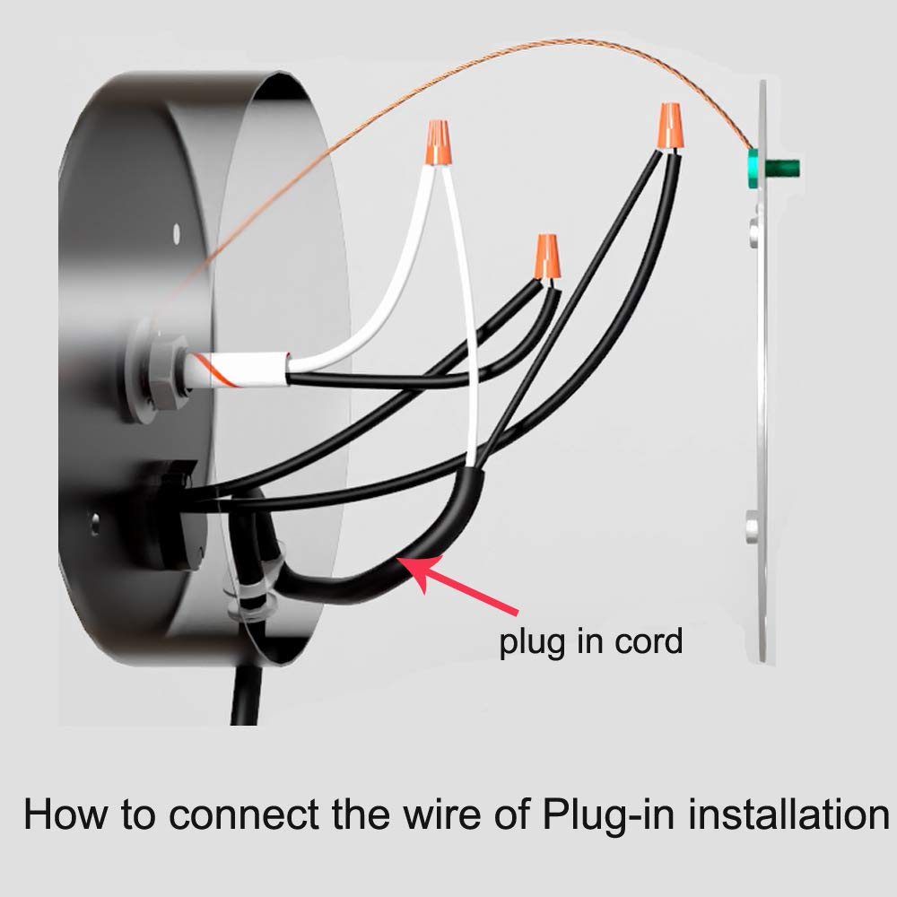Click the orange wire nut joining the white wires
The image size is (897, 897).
(437, 143)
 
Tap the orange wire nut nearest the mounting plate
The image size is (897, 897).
(670, 126)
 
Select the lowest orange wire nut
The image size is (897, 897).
(547, 257)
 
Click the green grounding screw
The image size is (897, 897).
(773, 169)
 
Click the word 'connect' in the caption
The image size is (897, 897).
(244, 814)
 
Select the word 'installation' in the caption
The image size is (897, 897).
(788, 814)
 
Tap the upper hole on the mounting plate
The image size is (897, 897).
(754, 231)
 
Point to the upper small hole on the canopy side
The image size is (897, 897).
(176, 232)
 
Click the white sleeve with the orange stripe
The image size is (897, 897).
(238, 370)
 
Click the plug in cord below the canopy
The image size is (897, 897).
(246, 696)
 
